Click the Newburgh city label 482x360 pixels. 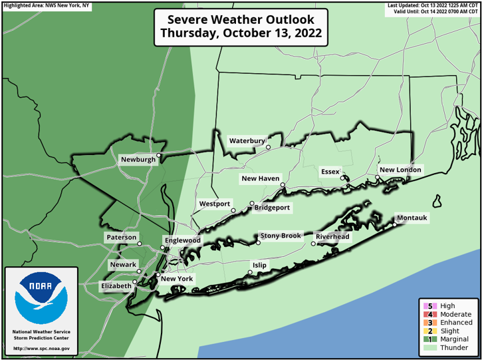click(138, 160)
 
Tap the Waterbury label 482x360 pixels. click(247, 141)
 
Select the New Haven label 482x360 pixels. click(260, 179)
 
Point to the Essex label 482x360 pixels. click(330, 172)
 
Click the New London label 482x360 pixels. click(400, 170)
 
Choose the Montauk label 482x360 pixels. click(412, 218)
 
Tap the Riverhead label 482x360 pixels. click(332, 237)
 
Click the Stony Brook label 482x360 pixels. click(281, 236)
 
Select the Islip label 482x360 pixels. click(259, 265)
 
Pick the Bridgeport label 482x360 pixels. click(272, 208)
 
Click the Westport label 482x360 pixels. click(214, 204)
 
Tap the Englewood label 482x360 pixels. click(182, 240)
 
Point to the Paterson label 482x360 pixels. click(121, 238)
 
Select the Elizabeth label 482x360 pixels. click(116, 286)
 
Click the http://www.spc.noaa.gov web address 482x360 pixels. click(41, 349)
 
